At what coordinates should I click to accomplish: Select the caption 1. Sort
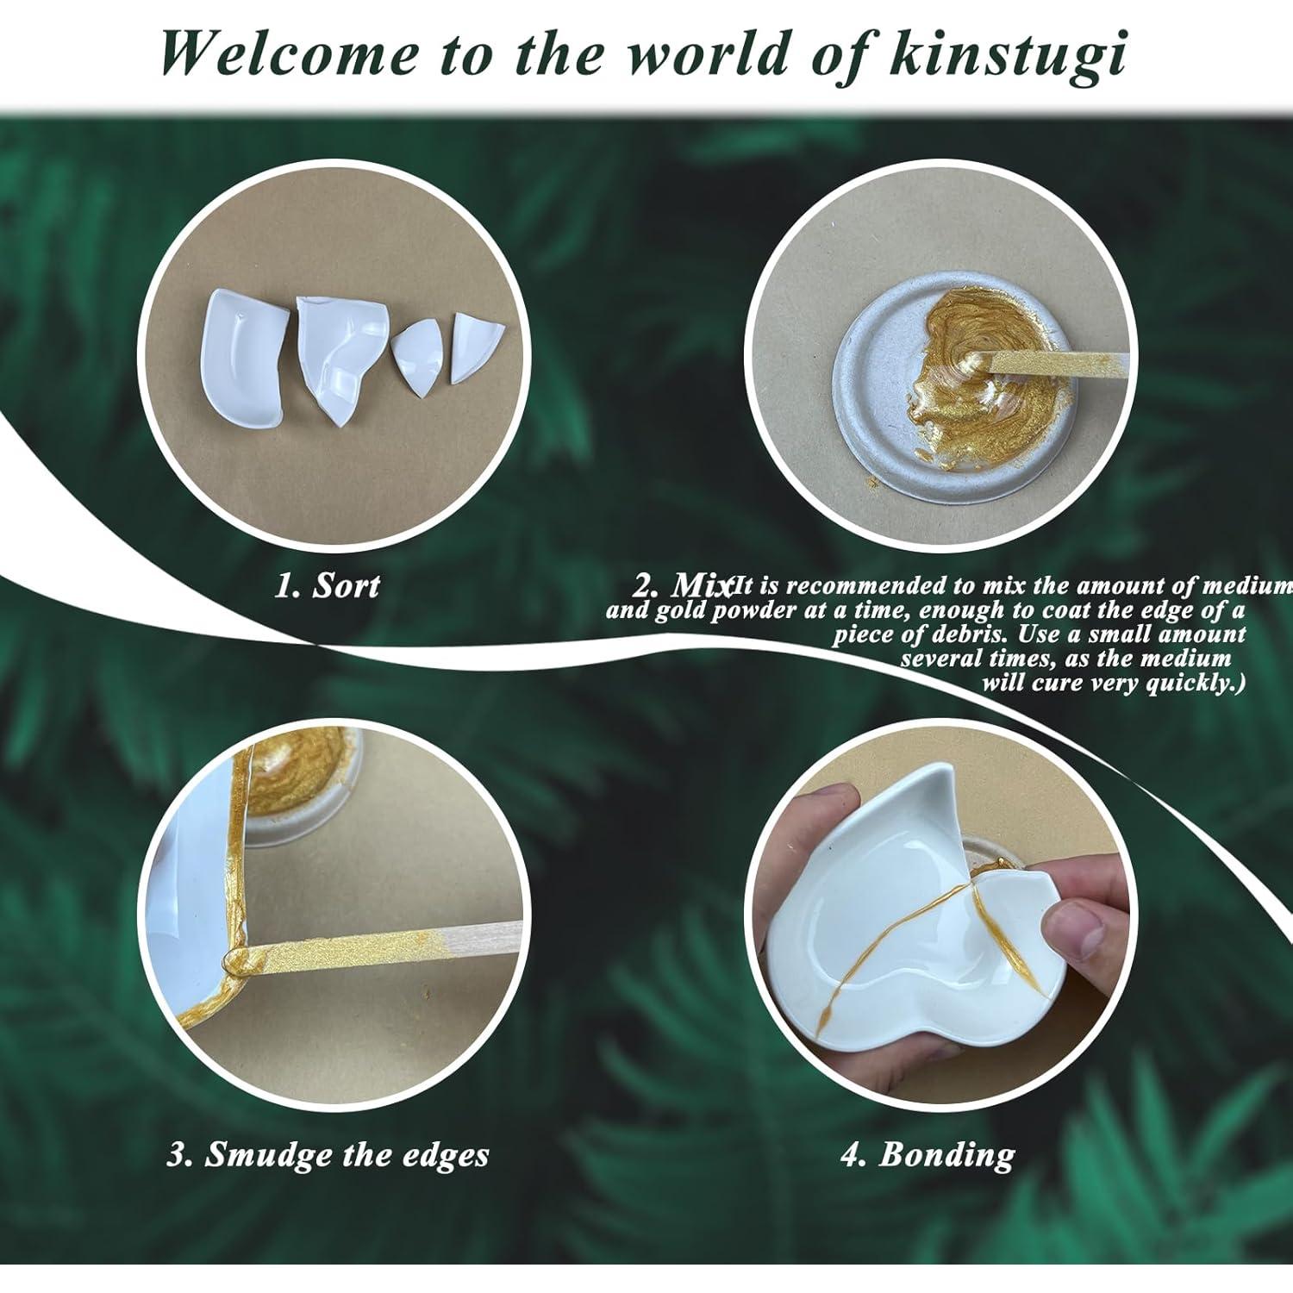(x=328, y=586)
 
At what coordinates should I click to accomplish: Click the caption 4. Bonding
(x=927, y=1155)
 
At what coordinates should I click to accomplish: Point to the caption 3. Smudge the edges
(x=328, y=1155)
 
